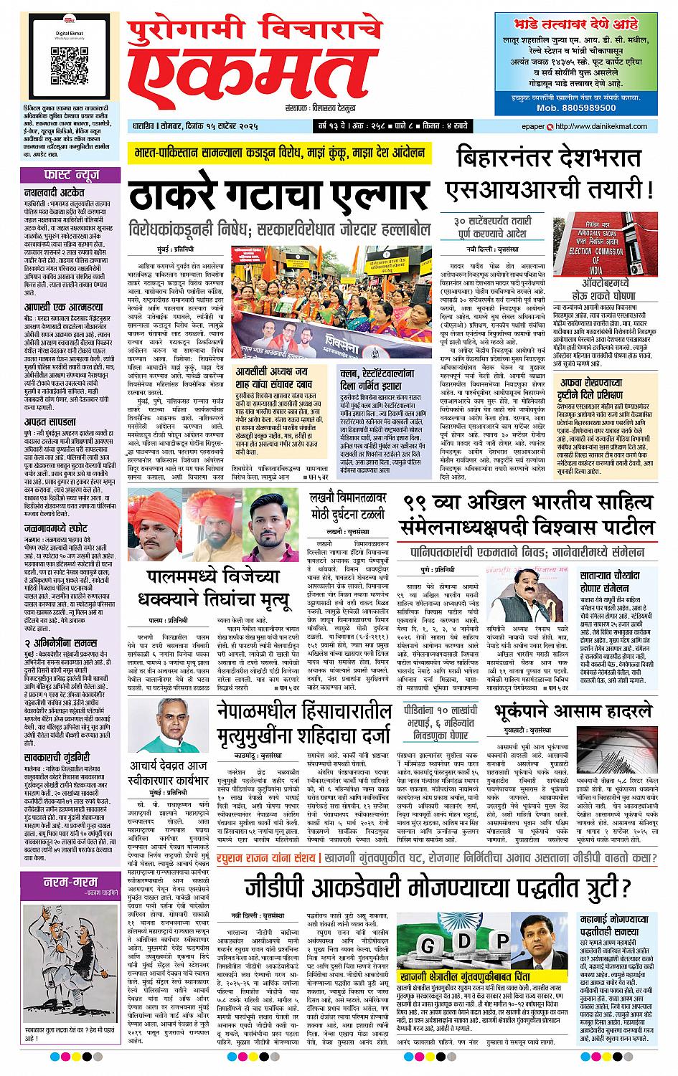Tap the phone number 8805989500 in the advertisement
pos(576,108)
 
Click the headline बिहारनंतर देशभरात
pos(552,157)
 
